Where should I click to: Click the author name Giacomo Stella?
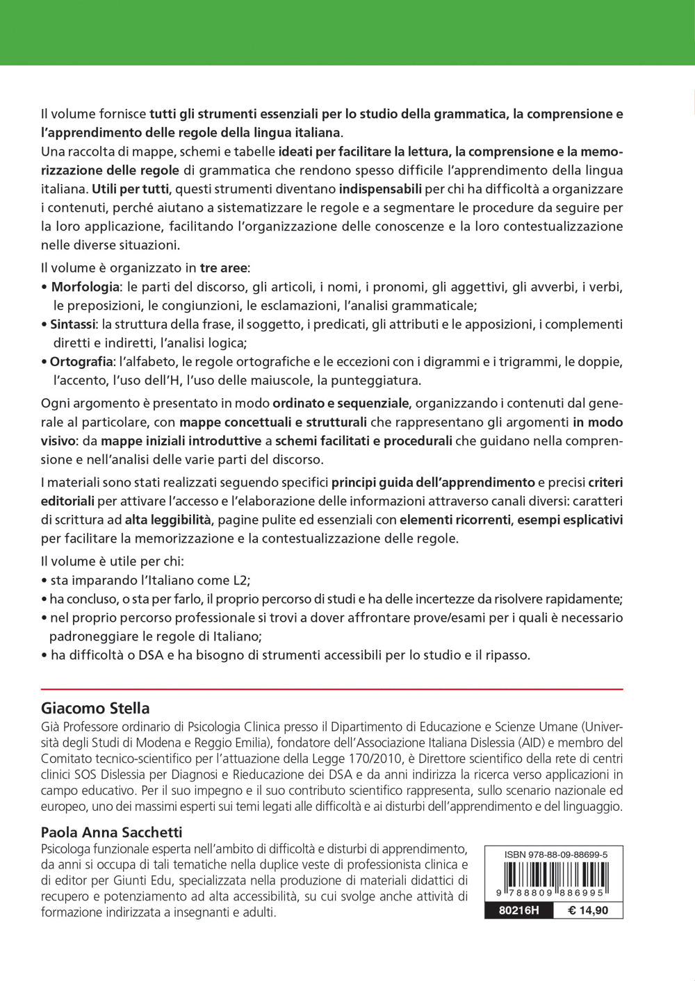pyautogui.click(x=95, y=708)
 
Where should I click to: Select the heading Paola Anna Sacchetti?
pyautogui.click(x=111, y=832)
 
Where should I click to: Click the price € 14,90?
pyautogui.click(x=588, y=910)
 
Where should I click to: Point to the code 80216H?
pyautogui.click(x=518, y=910)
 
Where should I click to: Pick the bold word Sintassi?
pyautogui.click(x=73, y=324)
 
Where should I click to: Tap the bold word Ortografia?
pyautogui.click(x=81, y=362)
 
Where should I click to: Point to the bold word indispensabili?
pyautogui.click(x=380, y=189)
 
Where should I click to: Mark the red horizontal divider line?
pyautogui.click(x=332, y=689)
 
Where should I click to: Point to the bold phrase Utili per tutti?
pyautogui.click(x=130, y=189)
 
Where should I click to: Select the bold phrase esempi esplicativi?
pyautogui.click(x=570, y=520)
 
